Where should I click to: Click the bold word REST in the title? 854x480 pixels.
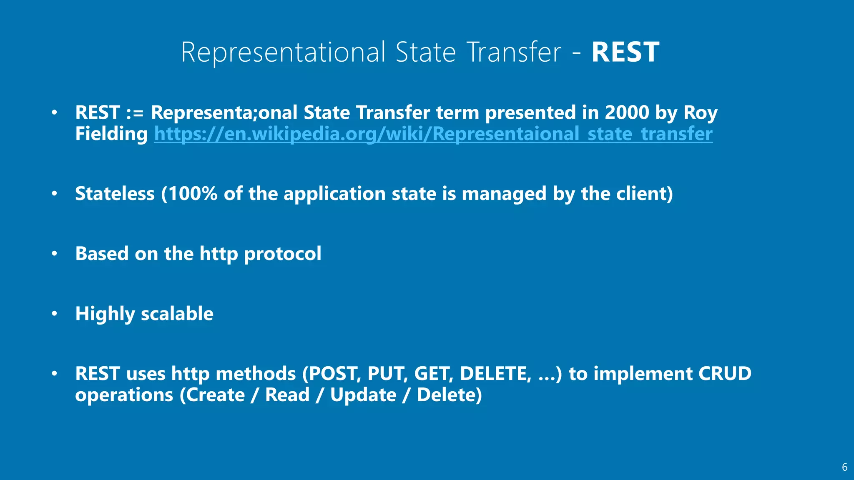pyautogui.click(x=625, y=52)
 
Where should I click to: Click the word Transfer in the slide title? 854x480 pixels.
pyautogui.click(x=514, y=52)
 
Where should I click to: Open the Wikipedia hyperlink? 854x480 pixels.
pyautogui.click(x=433, y=134)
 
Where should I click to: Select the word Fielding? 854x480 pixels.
pyautogui.click(x=111, y=134)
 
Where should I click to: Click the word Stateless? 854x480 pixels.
pyautogui.click(x=115, y=194)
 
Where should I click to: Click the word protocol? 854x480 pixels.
pyautogui.click(x=282, y=254)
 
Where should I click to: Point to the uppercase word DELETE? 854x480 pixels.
pyautogui.click(x=495, y=374)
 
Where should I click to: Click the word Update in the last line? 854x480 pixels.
pyautogui.click(x=363, y=395)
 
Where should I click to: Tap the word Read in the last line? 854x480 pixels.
pyautogui.click(x=287, y=395)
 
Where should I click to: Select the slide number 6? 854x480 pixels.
pyautogui.click(x=844, y=467)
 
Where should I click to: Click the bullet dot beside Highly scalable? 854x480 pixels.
pyautogui.click(x=54, y=314)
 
